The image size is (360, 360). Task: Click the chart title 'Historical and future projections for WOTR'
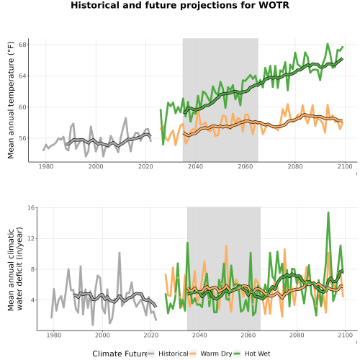[x=180, y=5]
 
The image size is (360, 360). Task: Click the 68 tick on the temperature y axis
[x=22, y=45]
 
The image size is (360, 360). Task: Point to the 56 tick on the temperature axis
[x=22, y=138]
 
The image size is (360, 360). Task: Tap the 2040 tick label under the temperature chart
[x=195, y=166]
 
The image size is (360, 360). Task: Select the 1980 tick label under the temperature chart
[x=46, y=166]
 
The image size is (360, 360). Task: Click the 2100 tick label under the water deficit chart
[x=345, y=335]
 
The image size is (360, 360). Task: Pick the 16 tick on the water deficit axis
[x=31, y=207]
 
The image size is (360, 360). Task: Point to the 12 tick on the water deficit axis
[x=31, y=238]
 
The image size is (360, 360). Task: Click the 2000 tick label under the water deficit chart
[x=102, y=335]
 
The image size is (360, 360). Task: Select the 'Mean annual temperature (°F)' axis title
[x=11, y=100]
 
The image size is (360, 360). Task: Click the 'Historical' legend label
[x=174, y=354]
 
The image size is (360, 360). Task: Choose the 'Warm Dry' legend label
[x=216, y=354]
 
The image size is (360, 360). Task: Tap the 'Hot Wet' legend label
[x=257, y=354]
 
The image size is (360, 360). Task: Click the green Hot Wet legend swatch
[x=237, y=354]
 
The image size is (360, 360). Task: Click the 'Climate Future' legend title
[x=120, y=354]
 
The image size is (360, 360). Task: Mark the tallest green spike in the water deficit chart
[x=328, y=212]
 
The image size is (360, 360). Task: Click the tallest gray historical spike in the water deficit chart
[x=120, y=253]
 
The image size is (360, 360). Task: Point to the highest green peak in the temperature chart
[x=328, y=44]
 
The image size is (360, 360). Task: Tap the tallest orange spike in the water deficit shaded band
[x=226, y=246]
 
